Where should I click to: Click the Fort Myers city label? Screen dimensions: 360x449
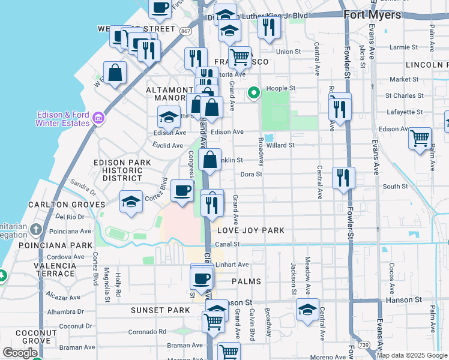click(372, 15)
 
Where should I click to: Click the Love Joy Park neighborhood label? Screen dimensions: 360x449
click(250, 230)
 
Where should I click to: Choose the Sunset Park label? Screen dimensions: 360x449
click(160, 310)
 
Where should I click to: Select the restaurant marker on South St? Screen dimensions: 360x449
click(343, 178)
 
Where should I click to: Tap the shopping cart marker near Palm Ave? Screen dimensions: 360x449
click(420, 137)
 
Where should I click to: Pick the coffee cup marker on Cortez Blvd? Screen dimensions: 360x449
click(182, 190)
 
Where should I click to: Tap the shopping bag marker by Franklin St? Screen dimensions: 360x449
click(210, 160)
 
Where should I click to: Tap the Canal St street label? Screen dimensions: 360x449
click(228, 244)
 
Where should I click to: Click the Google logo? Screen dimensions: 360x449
click(20, 353)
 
